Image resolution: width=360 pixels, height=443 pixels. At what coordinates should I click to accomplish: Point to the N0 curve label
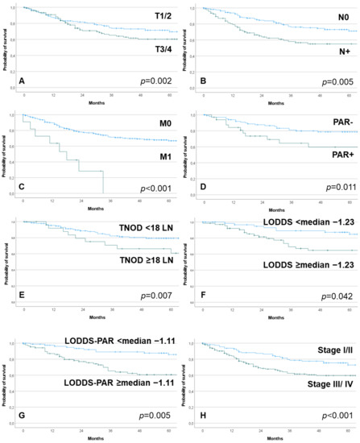pos(325,17)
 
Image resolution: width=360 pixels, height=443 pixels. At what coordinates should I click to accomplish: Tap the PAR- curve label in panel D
pos(322,125)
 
